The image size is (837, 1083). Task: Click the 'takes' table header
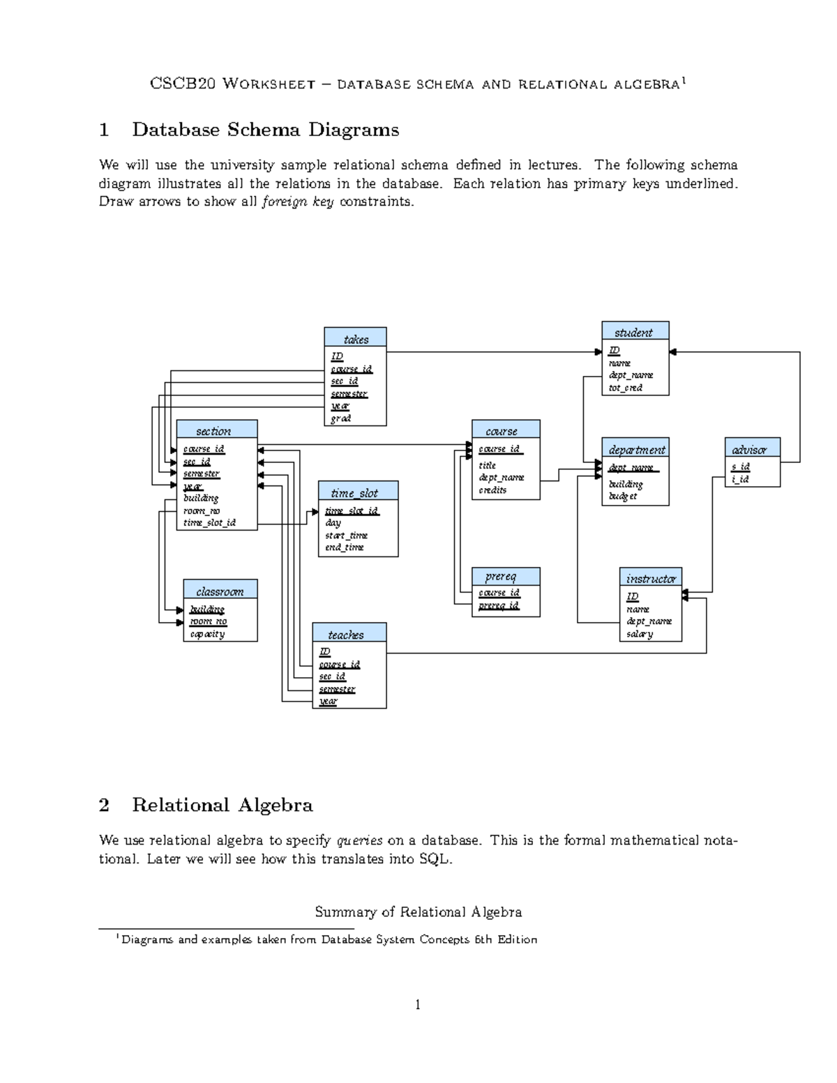pyautogui.click(x=355, y=339)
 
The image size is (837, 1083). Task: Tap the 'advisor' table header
pyautogui.click(x=751, y=450)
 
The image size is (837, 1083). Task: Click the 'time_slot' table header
pyautogui.click(x=357, y=492)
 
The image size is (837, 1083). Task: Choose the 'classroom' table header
pyautogui.click(x=220, y=591)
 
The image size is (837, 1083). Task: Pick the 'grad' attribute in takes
pyautogui.click(x=341, y=418)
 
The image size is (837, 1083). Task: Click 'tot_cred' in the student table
pyautogui.click(x=625, y=388)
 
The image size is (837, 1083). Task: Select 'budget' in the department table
pyautogui.click(x=623, y=497)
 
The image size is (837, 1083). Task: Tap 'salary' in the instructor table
pyautogui.click(x=640, y=634)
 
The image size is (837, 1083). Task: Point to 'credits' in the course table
pyautogui.click(x=492, y=490)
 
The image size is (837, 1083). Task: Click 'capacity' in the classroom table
pyautogui.click(x=207, y=634)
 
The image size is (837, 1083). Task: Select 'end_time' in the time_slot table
pyautogui.click(x=344, y=547)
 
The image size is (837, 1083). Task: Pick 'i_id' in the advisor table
pyautogui.click(x=740, y=479)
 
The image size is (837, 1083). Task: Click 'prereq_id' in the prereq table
pyautogui.click(x=499, y=605)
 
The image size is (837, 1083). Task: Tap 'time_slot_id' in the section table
pyautogui.click(x=209, y=522)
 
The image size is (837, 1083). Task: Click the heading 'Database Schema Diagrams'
pyautogui.click(x=265, y=130)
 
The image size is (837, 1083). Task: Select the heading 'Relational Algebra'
pyautogui.click(x=222, y=805)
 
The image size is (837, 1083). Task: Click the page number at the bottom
pyautogui.click(x=418, y=1005)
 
